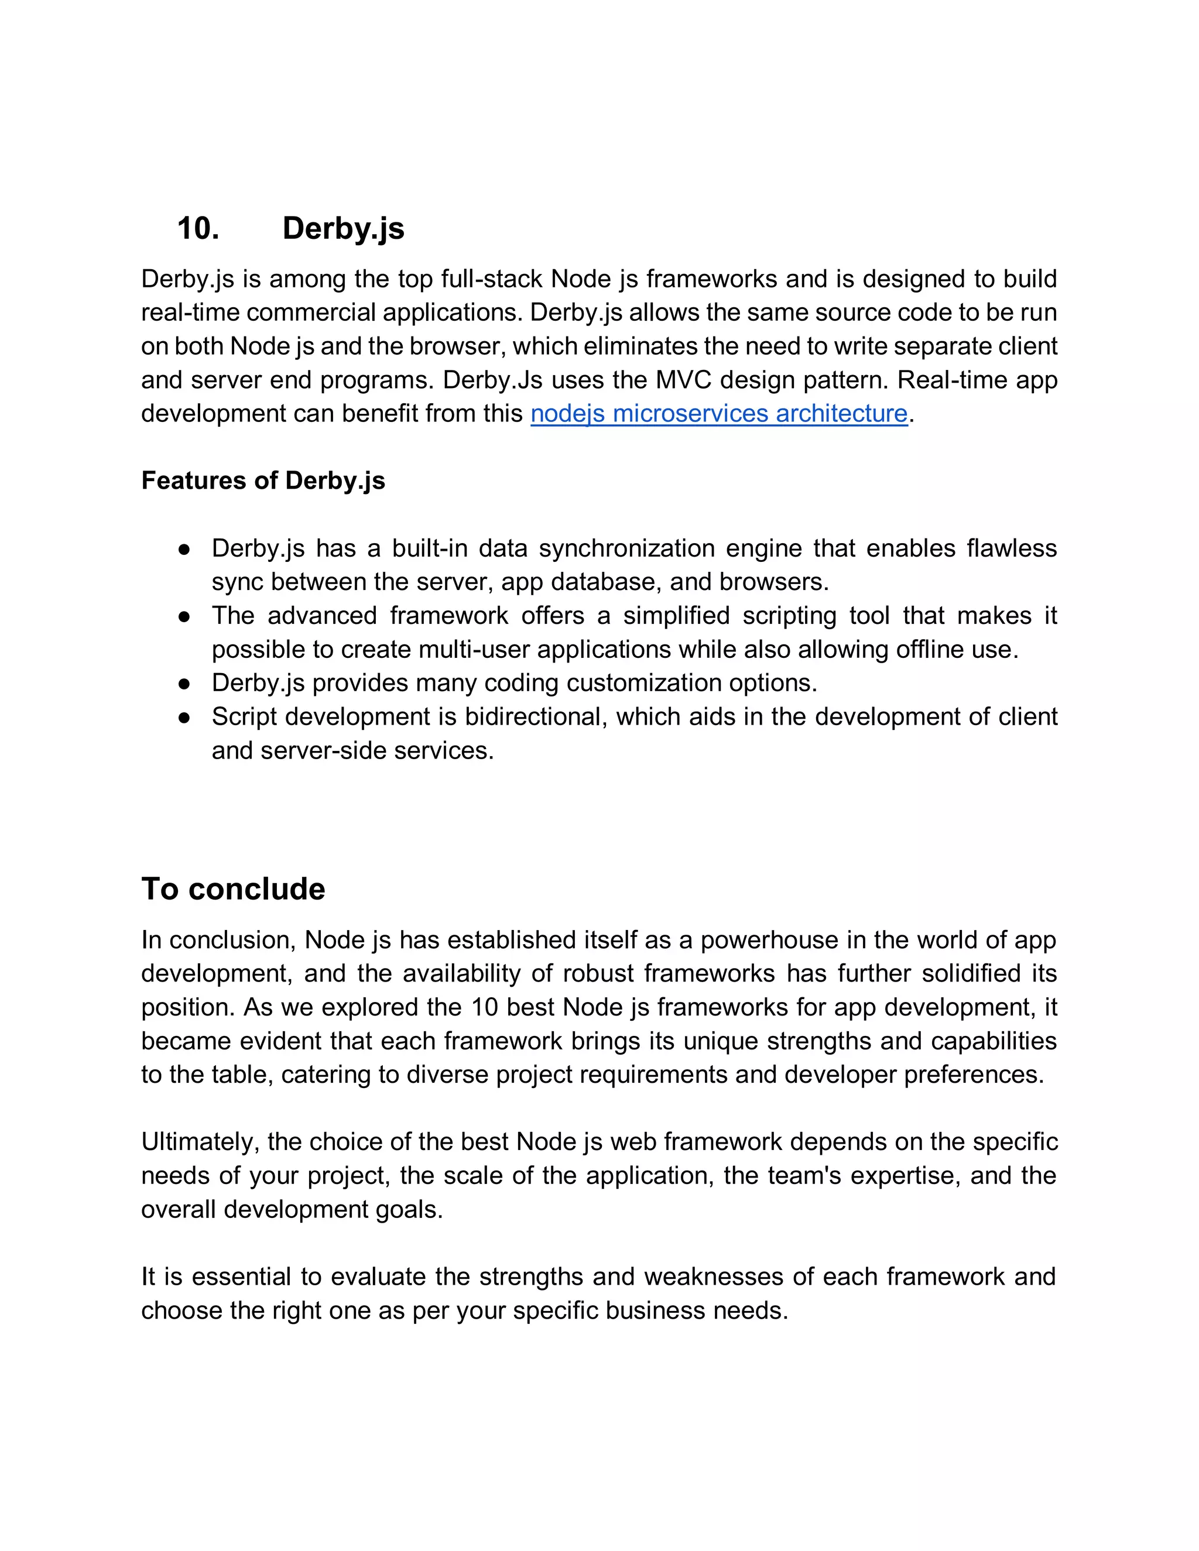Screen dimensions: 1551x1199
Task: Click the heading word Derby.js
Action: click(343, 229)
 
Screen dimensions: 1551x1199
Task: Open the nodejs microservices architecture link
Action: click(719, 413)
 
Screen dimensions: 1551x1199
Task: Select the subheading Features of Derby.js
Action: click(263, 481)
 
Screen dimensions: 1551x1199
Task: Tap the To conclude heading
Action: click(233, 889)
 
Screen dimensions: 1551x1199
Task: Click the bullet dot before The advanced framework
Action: click(184, 616)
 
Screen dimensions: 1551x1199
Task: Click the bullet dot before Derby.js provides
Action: click(184, 684)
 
